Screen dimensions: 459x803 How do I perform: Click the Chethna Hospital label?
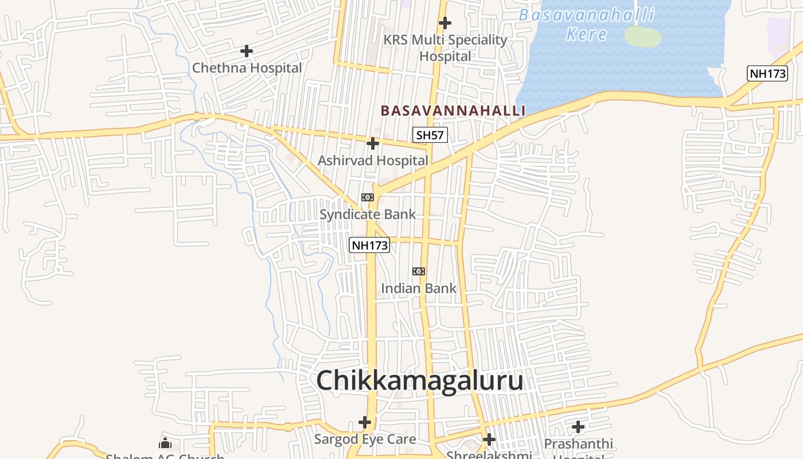click(247, 68)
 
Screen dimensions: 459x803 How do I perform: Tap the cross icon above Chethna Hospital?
click(247, 51)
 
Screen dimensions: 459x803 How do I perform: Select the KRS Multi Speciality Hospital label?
click(445, 48)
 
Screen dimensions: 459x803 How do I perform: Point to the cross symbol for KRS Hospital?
click(445, 23)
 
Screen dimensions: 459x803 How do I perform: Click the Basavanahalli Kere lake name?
click(586, 24)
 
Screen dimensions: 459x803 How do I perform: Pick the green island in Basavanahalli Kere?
click(642, 36)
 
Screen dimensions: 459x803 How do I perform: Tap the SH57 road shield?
click(430, 135)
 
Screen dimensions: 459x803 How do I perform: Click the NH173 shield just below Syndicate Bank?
click(370, 246)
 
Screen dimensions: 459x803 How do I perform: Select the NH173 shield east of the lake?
click(767, 73)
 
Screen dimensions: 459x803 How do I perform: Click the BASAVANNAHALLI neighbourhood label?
click(453, 110)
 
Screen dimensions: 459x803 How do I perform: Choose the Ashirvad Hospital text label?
click(373, 161)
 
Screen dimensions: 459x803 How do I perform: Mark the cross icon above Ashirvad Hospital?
click(373, 143)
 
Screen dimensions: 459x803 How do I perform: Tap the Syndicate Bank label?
click(368, 215)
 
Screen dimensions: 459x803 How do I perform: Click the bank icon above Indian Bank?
click(419, 271)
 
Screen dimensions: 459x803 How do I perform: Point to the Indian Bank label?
click(419, 288)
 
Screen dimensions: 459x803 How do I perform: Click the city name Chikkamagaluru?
click(419, 380)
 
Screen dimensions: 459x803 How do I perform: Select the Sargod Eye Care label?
click(365, 439)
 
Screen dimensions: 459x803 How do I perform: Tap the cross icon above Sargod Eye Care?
click(365, 423)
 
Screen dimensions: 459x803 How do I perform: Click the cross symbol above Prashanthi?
click(578, 427)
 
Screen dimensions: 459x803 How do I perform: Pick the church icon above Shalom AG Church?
click(165, 443)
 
